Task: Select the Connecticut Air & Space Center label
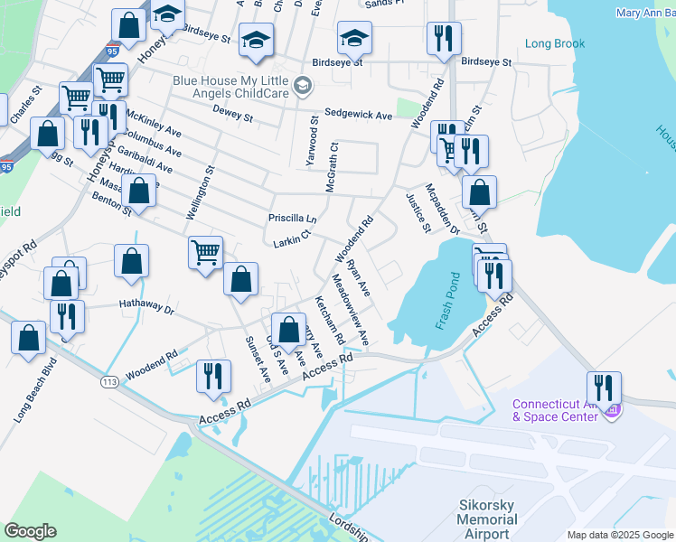[x=555, y=410]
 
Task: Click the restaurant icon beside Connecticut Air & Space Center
[x=604, y=388]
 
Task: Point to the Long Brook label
[x=555, y=43]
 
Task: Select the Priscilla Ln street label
[x=292, y=219]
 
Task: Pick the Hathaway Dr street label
[x=146, y=305]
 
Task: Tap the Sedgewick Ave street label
[x=359, y=115]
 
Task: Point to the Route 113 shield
[x=110, y=382]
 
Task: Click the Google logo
[x=30, y=531]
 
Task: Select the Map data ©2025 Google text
[x=619, y=535]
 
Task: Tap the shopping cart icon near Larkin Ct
[x=206, y=252]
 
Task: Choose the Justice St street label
[x=418, y=210]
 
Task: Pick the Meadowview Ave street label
[x=351, y=309]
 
